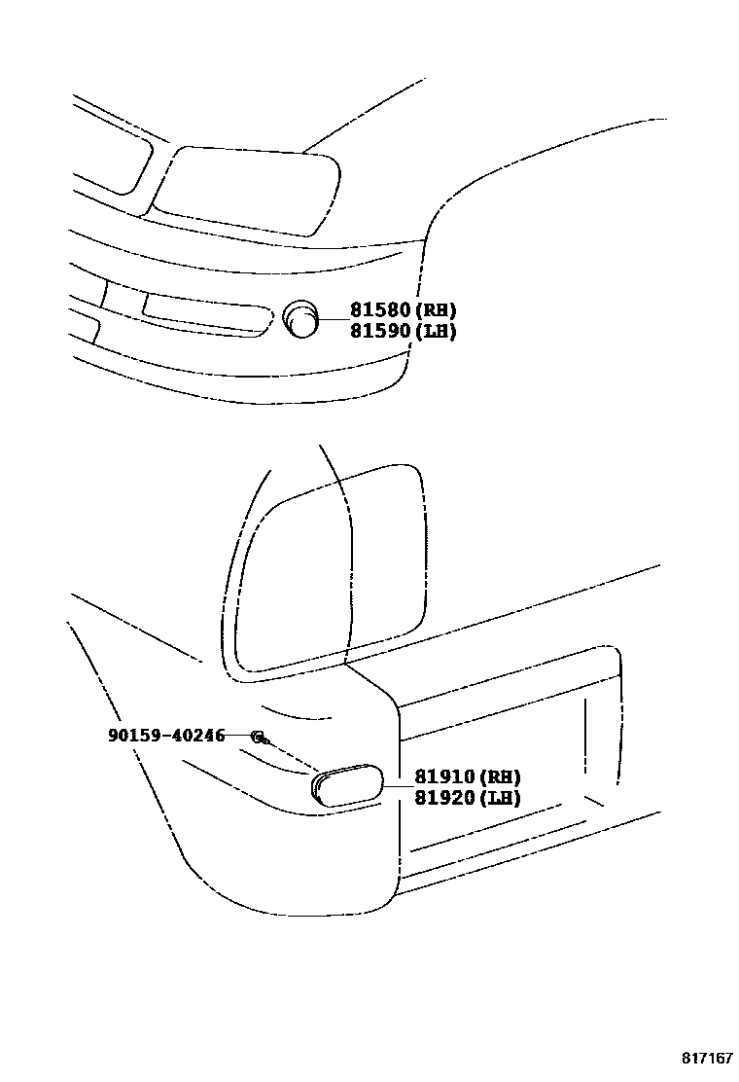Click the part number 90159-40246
(x=166, y=736)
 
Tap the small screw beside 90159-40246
(x=260, y=737)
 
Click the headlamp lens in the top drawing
(x=248, y=190)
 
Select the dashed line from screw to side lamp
(x=293, y=756)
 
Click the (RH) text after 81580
(x=437, y=310)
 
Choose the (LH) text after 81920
(x=501, y=798)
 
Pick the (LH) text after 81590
(x=437, y=331)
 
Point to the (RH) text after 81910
(x=501, y=776)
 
